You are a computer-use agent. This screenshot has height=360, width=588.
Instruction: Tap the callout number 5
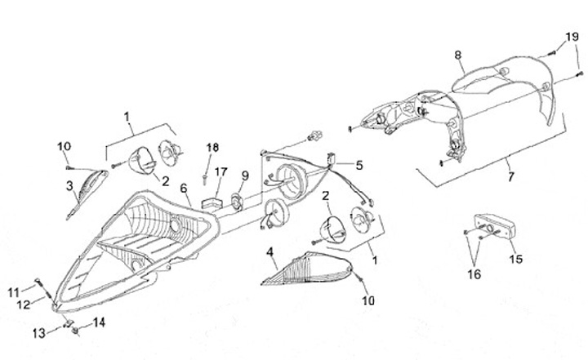pos(360,164)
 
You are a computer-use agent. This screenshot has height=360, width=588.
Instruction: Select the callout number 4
pos(269,251)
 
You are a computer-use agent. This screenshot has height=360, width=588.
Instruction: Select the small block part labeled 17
pos(215,198)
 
